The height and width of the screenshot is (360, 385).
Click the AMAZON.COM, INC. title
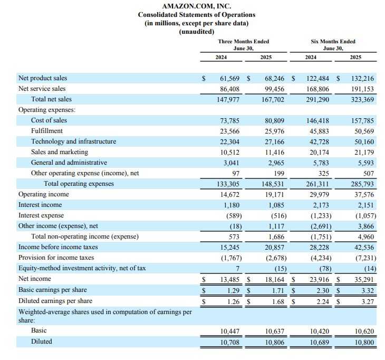[x=192, y=6]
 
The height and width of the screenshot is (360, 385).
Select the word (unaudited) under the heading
[x=192, y=32]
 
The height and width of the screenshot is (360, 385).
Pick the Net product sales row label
[x=43, y=78]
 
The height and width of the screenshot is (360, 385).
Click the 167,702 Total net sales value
[x=274, y=99]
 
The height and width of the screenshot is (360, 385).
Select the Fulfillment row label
[x=47, y=131]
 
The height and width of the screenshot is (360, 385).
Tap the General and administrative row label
[x=69, y=163]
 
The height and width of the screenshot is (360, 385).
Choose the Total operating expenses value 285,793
[x=362, y=184]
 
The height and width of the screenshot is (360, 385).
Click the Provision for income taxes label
[x=56, y=258]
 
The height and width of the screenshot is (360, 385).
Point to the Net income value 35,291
[x=363, y=279]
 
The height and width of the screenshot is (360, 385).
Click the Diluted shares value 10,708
[x=229, y=342]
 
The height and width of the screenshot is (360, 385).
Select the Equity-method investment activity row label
[x=82, y=268]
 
